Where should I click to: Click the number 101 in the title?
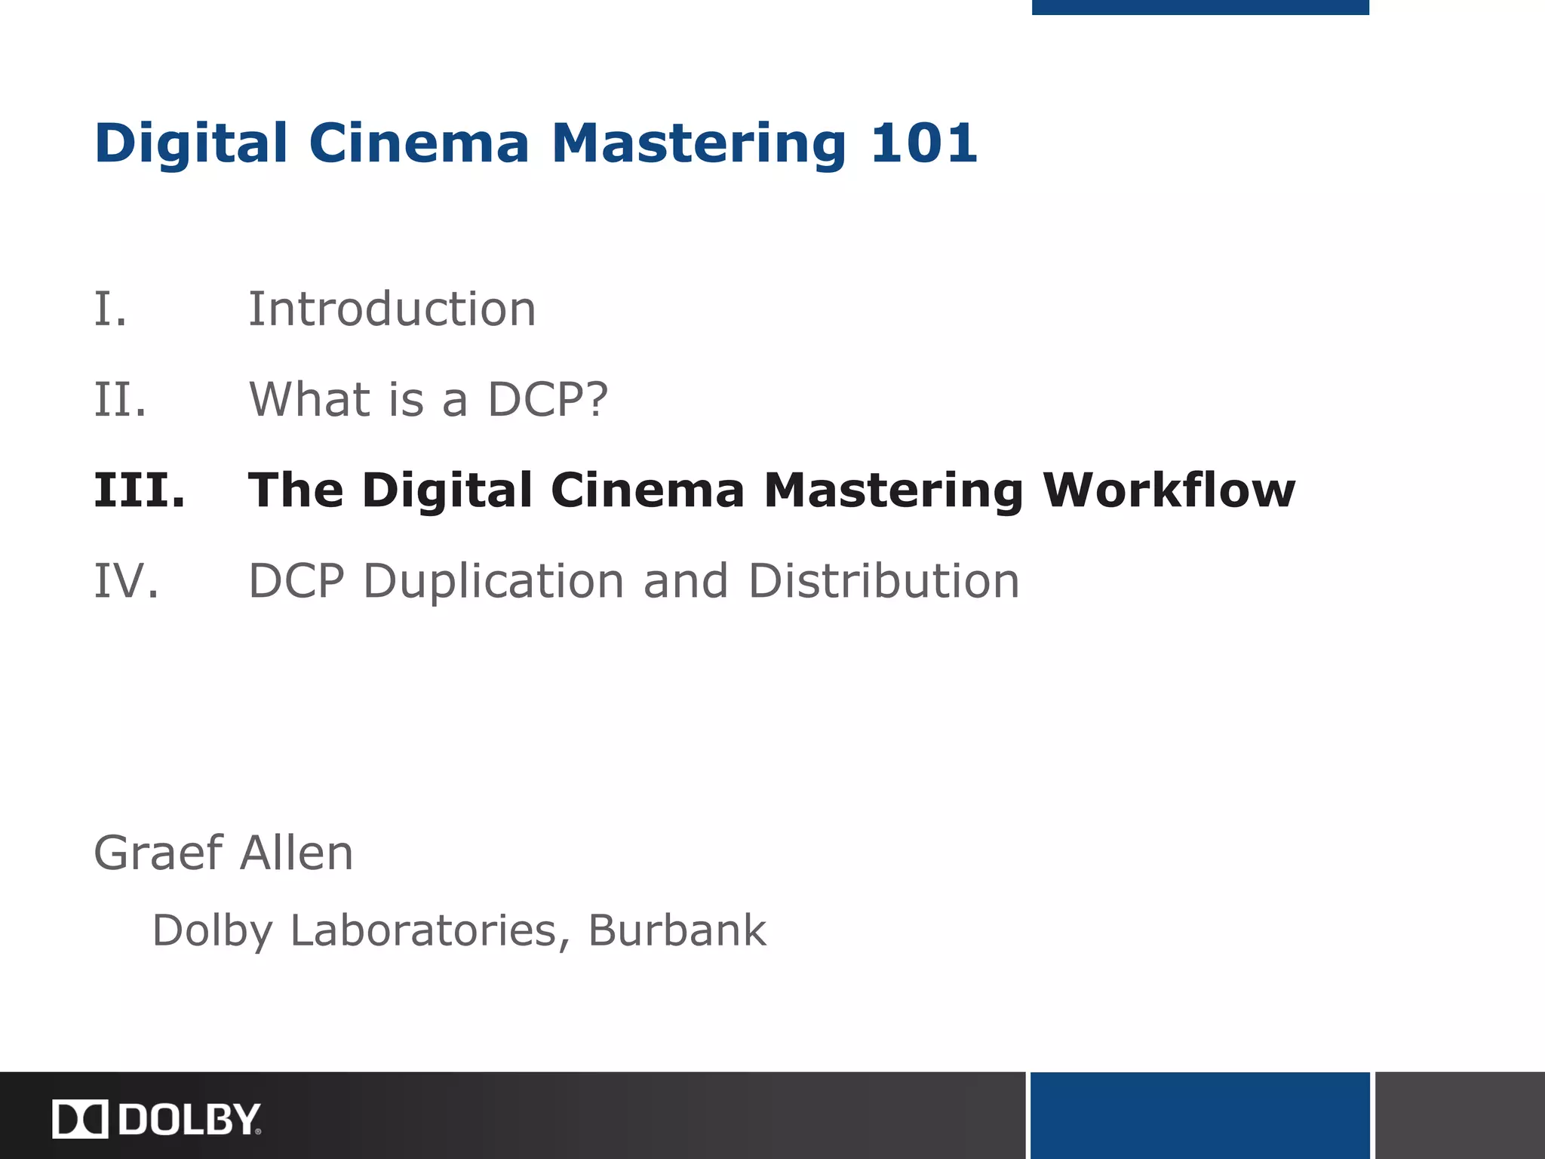pyautogui.click(x=923, y=143)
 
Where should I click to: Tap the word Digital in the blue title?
pyautogui.click(x=191, y=143)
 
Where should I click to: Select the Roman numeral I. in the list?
pyautogui.click(x=110, y=309)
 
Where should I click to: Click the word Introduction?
pyautogui.click(x=392, y=309)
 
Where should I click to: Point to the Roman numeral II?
pyautogui.click(x=120, y=399)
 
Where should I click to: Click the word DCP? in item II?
pyautogui.click(x=547, y=399)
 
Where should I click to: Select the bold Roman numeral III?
pyautogui.click(x=140, y=490)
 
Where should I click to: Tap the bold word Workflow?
pyautogui.click(x=1169, y=490)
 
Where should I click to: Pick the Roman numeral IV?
pyautogui.click(x=126, y=581)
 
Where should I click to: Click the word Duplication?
pyautogui.click(x=493, y=581)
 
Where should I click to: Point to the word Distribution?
pyautogui.click(x=883, y=581)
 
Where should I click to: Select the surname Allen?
pyautogui.click(x=296, y=853)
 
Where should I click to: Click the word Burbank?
pyautogui.click(x=677, y=930)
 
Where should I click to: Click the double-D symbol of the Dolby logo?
pyautogui.click(x=81, y=1119)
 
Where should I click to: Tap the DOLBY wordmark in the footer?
pyautogui.click(x=189, y=1119)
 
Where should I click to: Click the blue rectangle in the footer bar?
pyautogui.click(x=1199, y=1115)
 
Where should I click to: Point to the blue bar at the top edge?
pyautogui.click(x=1199, y=7)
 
